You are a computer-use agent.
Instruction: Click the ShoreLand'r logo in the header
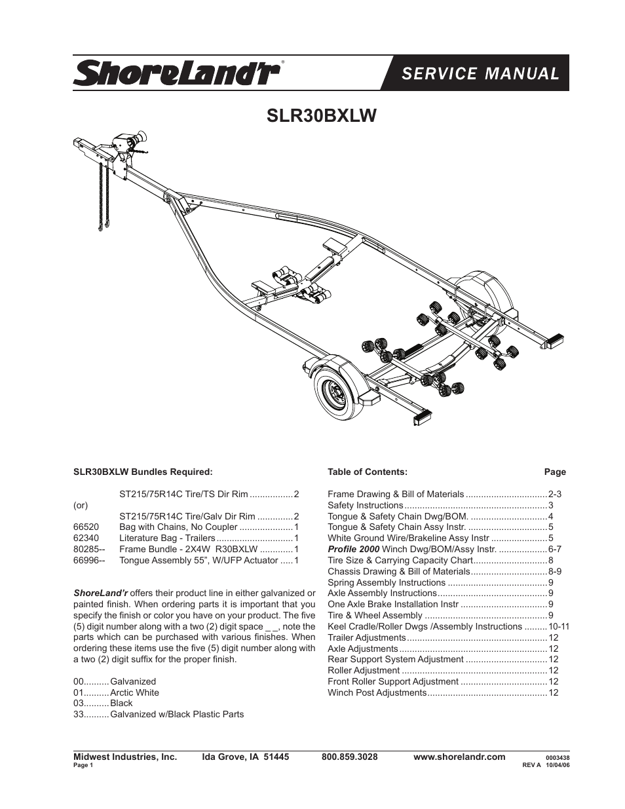[176, 73]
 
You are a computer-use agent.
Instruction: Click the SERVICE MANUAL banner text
[480, 73]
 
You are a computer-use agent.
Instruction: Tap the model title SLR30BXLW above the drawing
[321, 116]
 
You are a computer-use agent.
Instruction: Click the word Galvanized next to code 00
[133, 682]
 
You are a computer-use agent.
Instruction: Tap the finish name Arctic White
[134, 693]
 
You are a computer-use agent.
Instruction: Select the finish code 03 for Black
[78, 704]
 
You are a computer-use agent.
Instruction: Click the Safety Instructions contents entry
[365, 505]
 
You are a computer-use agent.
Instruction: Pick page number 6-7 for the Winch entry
[555, 549]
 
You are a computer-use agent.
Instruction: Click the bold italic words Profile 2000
[353, 549]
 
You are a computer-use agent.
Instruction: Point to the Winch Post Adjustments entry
[377, 693]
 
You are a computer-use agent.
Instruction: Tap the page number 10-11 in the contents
[559, 627]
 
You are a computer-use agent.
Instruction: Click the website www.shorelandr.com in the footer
[459, 757]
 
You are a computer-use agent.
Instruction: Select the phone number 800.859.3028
[350, 757]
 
